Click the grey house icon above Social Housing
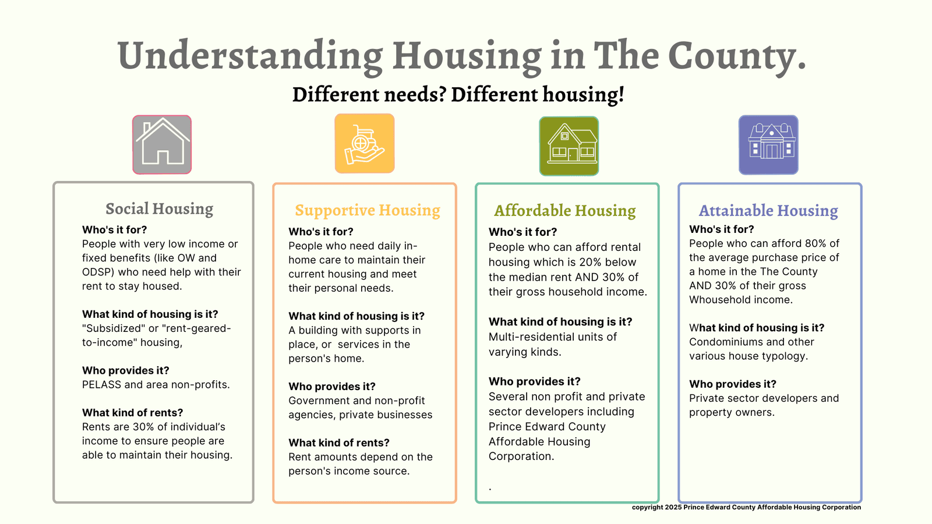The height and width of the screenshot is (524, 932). coord(162,144)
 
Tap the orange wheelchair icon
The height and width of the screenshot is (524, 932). coord(365,143)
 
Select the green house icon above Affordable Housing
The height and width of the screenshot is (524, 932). coord(569,146)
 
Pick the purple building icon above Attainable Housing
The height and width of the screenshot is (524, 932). coord(768,145)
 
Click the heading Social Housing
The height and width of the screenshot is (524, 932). coord(160,208)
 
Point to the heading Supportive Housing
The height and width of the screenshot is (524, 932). coord(368,210)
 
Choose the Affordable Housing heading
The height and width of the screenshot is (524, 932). coord(564,210)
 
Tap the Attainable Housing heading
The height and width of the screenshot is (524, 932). coord(768,210)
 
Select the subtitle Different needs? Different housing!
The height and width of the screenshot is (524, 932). coord(458,94)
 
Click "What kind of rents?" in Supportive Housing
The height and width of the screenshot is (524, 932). coord(339,442)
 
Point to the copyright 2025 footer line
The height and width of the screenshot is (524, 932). coord(746,507)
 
